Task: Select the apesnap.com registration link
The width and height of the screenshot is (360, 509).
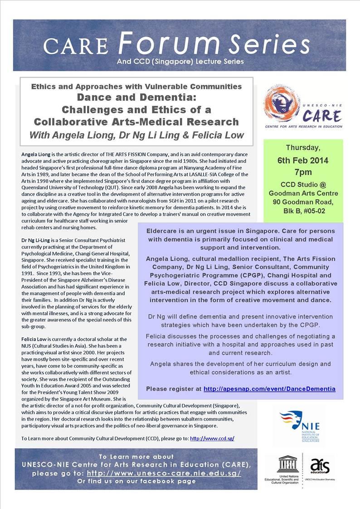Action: [269, 389]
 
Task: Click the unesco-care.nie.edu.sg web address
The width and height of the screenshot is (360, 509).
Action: [164, 473]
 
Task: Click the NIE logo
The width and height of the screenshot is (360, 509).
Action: [300, 427]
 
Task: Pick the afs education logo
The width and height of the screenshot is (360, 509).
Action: [320, 466]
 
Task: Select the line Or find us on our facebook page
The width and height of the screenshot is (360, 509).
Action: [136, 481]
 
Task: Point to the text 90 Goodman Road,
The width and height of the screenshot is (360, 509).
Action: [303, 201]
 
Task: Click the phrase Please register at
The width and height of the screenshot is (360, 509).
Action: [174, 389]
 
